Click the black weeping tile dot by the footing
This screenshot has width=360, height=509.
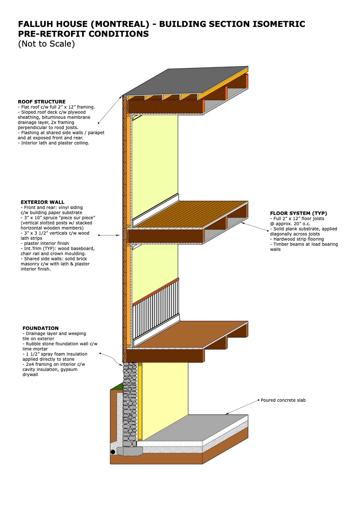tap(113, 452)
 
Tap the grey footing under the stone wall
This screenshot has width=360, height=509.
tap(130, 451)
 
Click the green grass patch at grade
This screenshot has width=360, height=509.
tap(116, 387)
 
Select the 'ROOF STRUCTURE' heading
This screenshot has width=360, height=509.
tap(41, 102)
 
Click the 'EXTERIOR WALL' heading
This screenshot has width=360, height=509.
tap(42, 202)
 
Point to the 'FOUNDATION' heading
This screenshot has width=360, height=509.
tap(41, 328)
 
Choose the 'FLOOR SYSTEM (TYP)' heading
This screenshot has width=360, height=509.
tap(298, 213)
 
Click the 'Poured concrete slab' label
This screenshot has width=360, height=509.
tap(283, 400)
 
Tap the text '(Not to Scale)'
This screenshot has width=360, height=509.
tap(46, 44)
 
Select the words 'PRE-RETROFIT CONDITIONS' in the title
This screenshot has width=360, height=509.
tap(83, 34)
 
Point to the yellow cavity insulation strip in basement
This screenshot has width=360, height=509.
tap(140, 402)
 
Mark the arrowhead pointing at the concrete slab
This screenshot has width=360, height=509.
tap(227, 414)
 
